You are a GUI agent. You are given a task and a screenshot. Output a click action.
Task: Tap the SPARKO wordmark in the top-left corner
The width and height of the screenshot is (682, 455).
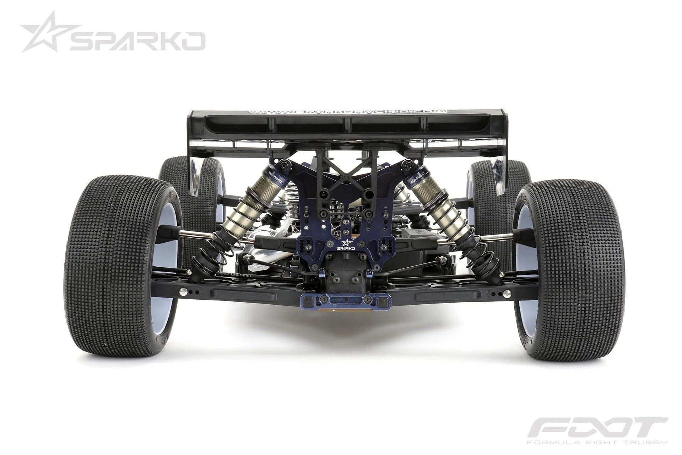click(x=137, y=41)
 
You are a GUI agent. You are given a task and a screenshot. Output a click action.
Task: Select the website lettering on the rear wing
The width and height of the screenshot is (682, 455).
click(x=347, y=111)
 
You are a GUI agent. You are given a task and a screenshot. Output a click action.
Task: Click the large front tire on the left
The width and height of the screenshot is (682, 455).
click(x=121, y=256)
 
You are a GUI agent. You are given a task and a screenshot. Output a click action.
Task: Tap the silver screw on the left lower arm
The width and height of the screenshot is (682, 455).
click(x=184, y=293)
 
